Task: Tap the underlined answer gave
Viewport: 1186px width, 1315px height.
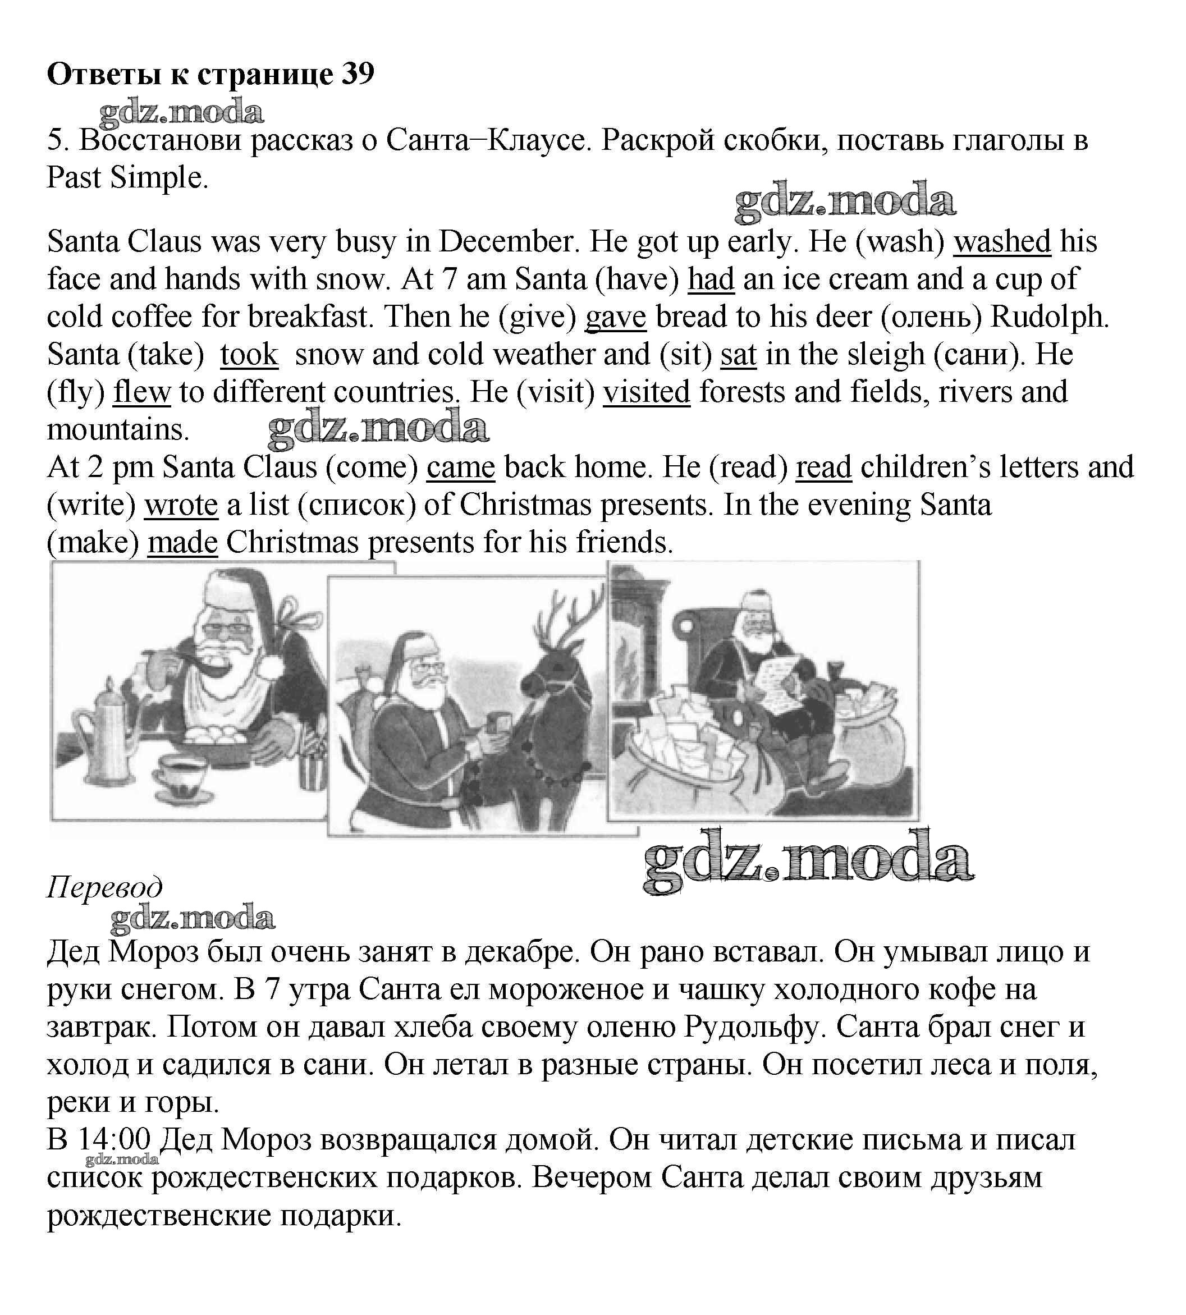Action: pyautogui.click(x=615, y=317)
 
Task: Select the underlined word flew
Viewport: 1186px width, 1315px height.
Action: pyautogui.click(x=141, y=393)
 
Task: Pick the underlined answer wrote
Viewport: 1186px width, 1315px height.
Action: pyautogui.click(x=181, y=506)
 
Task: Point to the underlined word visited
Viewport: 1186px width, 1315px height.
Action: pyautogui.click(x=646, y=393)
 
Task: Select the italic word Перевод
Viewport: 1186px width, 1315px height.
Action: pyautogui.click(x=104, y=887)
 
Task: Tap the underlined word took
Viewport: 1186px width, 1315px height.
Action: pyautogui.click(x=249, y=355)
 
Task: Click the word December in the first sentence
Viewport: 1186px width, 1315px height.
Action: pyautogui.click(x=509, y=242)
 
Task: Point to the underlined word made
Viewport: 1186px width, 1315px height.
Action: pyautogui.click(x=182, y=543)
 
